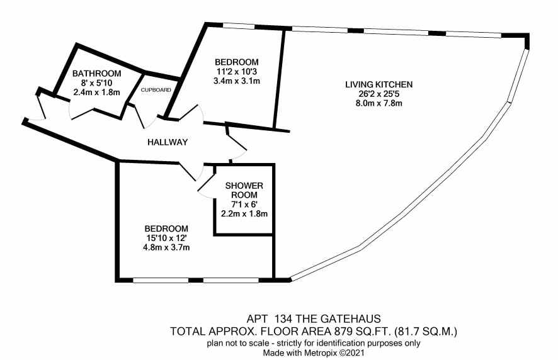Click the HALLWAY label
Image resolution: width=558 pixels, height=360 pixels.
point(168,143)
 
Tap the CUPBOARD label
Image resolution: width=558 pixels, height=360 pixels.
point(156,90)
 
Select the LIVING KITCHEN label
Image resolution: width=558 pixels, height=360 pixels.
point(379,85)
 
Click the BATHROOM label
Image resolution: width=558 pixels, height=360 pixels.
point(97,74)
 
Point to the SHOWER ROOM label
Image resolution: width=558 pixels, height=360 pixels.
point(244,190)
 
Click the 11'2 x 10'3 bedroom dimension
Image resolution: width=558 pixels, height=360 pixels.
point(237,72)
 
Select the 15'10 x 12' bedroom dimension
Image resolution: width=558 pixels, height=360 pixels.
point(166,238)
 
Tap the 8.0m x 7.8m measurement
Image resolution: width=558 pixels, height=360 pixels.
point(379,103)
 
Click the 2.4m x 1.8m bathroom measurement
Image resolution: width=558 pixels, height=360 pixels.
point(96,93)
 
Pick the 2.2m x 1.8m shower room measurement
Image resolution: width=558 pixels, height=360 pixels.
point(244,214)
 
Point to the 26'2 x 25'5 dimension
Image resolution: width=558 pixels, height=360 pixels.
point(379,94)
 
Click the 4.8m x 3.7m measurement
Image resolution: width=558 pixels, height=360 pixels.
point(166,247)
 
